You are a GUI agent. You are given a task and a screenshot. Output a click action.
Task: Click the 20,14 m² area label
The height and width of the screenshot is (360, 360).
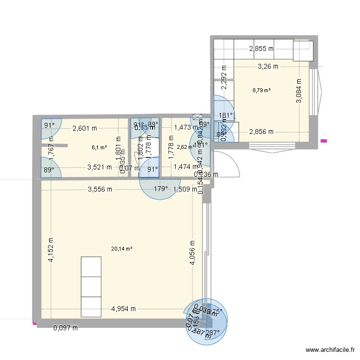click(121, 249)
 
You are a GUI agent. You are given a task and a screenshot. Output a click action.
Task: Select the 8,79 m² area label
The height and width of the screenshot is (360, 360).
click(261, 90)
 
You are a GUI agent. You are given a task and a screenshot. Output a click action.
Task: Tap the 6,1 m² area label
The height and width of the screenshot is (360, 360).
click(99, 148)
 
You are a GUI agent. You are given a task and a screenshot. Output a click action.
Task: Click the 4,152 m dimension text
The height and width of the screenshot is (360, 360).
click(50, 251)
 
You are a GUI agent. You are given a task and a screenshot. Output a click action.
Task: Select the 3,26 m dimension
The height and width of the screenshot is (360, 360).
click(268, 67)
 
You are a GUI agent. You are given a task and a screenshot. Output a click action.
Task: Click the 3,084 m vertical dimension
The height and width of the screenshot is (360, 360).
click(299, 91)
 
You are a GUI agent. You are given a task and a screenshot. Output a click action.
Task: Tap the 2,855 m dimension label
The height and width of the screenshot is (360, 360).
click(261, 48)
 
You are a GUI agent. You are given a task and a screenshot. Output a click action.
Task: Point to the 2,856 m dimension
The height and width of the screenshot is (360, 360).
click(261, 132)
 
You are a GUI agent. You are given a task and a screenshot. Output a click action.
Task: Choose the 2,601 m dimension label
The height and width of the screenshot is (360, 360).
click(84, 128)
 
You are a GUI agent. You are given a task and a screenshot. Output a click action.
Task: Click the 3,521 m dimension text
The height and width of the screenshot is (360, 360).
click(99, 168)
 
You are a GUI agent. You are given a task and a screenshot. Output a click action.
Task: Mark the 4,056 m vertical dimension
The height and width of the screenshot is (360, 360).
click(192, 252)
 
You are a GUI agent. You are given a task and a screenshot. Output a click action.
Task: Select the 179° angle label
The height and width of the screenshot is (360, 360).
click(161, 189)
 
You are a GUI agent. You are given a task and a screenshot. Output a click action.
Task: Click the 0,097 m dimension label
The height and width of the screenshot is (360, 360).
click(65, 328)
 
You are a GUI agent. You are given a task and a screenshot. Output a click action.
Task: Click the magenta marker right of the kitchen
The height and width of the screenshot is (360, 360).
click(324, 141)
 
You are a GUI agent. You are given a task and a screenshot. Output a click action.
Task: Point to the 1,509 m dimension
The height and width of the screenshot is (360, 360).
click(184, 189)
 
